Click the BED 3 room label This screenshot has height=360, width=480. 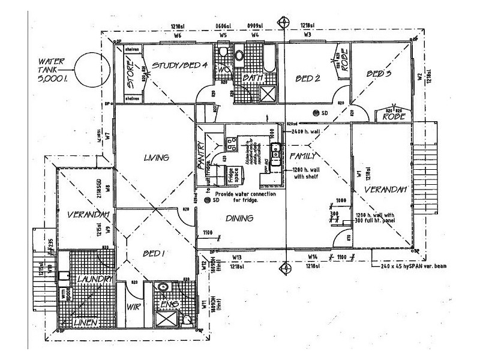tap(380, 74)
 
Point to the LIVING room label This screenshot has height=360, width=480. tap(155, 158)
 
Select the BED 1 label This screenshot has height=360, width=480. tap(155, 254)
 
